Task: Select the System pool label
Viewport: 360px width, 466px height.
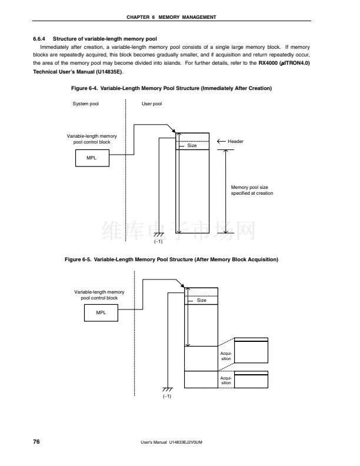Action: click(x=86, y=104)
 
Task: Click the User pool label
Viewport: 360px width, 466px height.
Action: click(x=152, y=104)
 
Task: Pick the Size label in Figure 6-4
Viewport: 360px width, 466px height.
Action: click(x=192, y=145)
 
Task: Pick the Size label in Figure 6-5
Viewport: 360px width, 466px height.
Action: click(x=202, y=300)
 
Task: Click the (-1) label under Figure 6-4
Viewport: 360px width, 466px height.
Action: click(x=158, y=241)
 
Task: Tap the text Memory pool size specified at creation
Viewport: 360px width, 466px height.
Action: click(x=252, y=190)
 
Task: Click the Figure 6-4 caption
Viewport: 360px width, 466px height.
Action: click(x=171, y=88)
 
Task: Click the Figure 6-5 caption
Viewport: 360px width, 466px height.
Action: click(x=171, y=259)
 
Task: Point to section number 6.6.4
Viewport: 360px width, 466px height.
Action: click(x=40, y=38)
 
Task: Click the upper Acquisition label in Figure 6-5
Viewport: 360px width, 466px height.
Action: click(x=226, y=355)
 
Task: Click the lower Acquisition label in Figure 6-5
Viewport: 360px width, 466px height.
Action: click(x=226, y=380)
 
